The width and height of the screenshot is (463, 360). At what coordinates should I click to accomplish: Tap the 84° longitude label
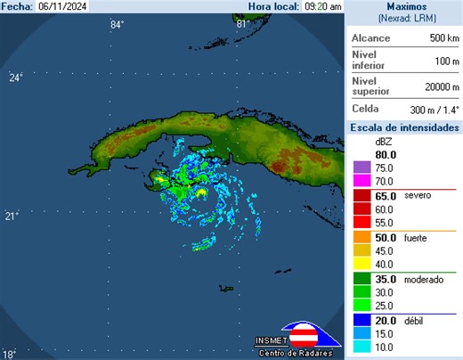117,24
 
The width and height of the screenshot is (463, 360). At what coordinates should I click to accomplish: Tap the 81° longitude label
241,24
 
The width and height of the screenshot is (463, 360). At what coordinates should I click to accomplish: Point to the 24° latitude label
15,78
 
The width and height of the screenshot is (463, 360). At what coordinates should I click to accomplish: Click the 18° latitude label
9,353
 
